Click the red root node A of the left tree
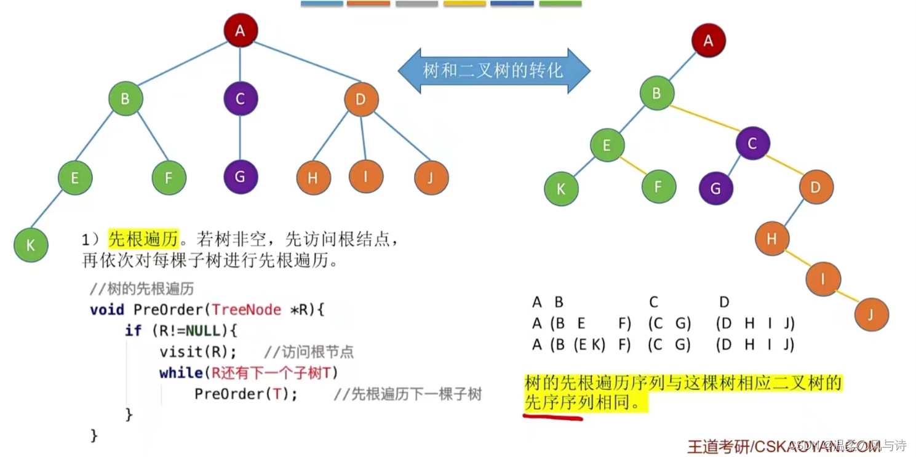(240, 30)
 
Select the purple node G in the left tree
(240, 177)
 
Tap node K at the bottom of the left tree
(31, 245)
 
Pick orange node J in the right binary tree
(871, 314)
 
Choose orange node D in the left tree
(361, 99)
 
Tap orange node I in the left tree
(366, 177)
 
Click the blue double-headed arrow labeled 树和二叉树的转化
(493, 71)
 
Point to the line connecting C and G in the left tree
(240, 138)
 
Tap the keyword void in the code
(107, 309)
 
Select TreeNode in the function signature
(246, 309)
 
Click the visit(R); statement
(197, 352)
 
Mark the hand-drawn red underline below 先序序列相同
(552, 416)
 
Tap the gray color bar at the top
(416, 4)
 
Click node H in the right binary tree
(772, 238)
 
